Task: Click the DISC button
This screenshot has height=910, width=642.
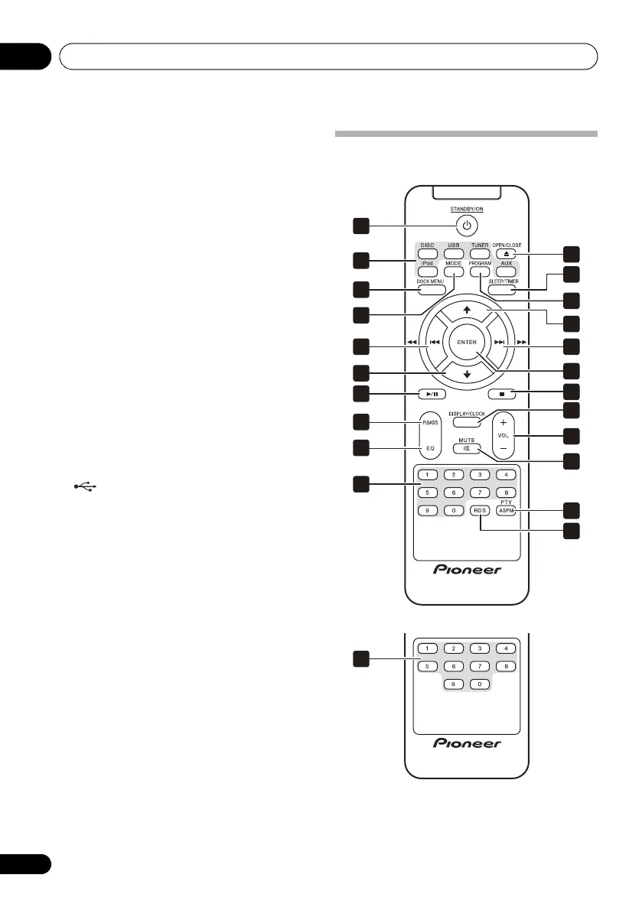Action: click(x=427, y=254)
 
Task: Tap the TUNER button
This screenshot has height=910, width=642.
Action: click(x=480, y=254)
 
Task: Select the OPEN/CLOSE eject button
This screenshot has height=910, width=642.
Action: click(x=507, y=254)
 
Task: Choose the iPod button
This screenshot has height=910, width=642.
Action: click(x=427, y=271)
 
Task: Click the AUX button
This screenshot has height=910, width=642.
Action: click(x=507, y=271)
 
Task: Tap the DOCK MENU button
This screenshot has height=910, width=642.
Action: click(x=430, y=289)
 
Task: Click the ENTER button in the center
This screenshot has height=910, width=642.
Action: click(x=467, y=342)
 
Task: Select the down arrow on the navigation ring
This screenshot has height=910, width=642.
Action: click(x=467, y=375)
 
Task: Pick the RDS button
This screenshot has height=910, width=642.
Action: click(x=480, y=510)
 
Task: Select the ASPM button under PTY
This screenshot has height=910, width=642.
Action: click(x=507, y=510)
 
